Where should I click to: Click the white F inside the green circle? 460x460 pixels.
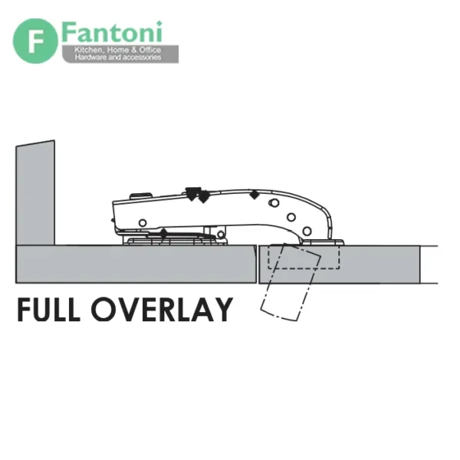tap(35, 41)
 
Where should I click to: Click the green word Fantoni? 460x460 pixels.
tap(112, 31)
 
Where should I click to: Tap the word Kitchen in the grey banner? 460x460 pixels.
tap(87, 50)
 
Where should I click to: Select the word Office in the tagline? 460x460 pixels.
tap(150, 50)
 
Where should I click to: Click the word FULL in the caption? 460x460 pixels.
tap(48, 310)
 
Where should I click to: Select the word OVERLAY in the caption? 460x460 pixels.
tap(162, 310)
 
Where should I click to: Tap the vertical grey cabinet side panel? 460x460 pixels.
tap(35, 192)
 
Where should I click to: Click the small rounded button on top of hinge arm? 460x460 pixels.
tap(141, 195)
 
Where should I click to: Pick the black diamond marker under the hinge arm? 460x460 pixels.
tap(164, 234)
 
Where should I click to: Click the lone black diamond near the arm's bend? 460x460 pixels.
tap(255, 195)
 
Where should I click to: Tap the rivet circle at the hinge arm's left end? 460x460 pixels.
tap(143, 223)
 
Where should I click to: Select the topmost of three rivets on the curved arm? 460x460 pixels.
tap(274, 202)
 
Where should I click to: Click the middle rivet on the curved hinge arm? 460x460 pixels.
tap(291, 218)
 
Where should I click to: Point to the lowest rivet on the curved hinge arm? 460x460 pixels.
tap(307, 232)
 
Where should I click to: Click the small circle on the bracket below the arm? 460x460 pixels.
tap(221, 234)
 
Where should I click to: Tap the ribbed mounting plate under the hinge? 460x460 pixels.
tap(178, 242)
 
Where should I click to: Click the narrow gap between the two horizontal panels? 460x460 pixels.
tap(258, 264)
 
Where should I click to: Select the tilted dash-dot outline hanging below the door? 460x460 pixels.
tap(291, 282)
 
